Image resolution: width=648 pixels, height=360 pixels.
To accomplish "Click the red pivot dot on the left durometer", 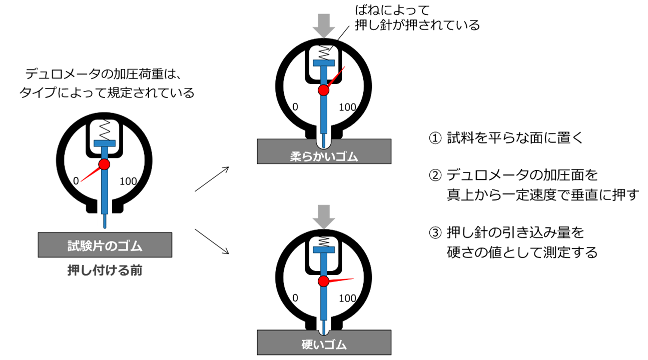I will [104, 164].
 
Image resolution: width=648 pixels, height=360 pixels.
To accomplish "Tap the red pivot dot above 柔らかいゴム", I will [324, 90].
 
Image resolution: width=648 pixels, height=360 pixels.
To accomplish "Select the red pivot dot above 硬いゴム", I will [324, 281].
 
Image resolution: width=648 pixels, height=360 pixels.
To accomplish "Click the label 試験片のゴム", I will [105, 245].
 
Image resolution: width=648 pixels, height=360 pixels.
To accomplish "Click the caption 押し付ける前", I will [105, 271].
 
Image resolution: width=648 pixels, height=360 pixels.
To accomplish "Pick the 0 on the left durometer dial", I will [76, 181].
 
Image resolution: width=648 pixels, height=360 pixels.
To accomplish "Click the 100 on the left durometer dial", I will [129, 181].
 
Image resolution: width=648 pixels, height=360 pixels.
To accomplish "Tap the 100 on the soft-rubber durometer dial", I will [348, 107].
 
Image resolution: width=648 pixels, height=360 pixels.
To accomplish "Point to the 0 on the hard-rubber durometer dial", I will [295, 298].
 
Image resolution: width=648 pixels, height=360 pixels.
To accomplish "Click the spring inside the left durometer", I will [104, 131].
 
